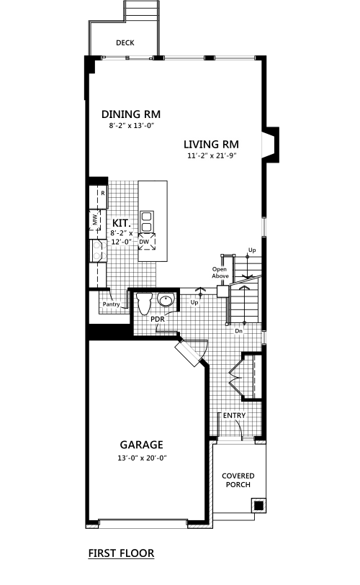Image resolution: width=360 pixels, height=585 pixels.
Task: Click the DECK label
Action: click(125, 43)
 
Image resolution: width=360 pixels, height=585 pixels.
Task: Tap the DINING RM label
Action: click(131, 114)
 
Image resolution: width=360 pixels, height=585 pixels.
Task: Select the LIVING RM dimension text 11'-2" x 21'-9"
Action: click(212, 155)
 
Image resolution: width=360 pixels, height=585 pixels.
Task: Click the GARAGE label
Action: click(142, 445)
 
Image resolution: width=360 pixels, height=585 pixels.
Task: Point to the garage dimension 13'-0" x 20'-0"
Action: click(142, 458)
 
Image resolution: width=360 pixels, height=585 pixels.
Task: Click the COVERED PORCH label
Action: click(238, 480)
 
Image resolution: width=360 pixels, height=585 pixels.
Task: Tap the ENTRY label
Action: click(234, 415)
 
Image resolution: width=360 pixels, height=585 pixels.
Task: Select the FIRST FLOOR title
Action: click(121, 553)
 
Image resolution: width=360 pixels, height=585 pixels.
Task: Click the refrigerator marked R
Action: click(98, 196)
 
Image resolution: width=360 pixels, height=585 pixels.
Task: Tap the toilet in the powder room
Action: click(144, 302)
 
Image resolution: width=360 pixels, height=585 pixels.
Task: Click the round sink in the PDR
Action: click(166, 299)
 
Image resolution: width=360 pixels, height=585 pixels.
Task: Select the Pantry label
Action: click(112, 304)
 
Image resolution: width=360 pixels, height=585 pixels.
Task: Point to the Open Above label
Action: click(220, 273)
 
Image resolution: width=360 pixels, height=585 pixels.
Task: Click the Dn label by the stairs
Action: click(238, 331)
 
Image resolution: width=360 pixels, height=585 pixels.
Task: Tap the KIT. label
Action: click(122, 224)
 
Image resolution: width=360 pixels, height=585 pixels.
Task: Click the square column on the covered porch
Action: click(258, 505)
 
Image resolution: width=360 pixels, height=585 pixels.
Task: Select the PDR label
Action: click(158, 319)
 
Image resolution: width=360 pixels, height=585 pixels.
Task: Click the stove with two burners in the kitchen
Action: click(99, 250)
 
